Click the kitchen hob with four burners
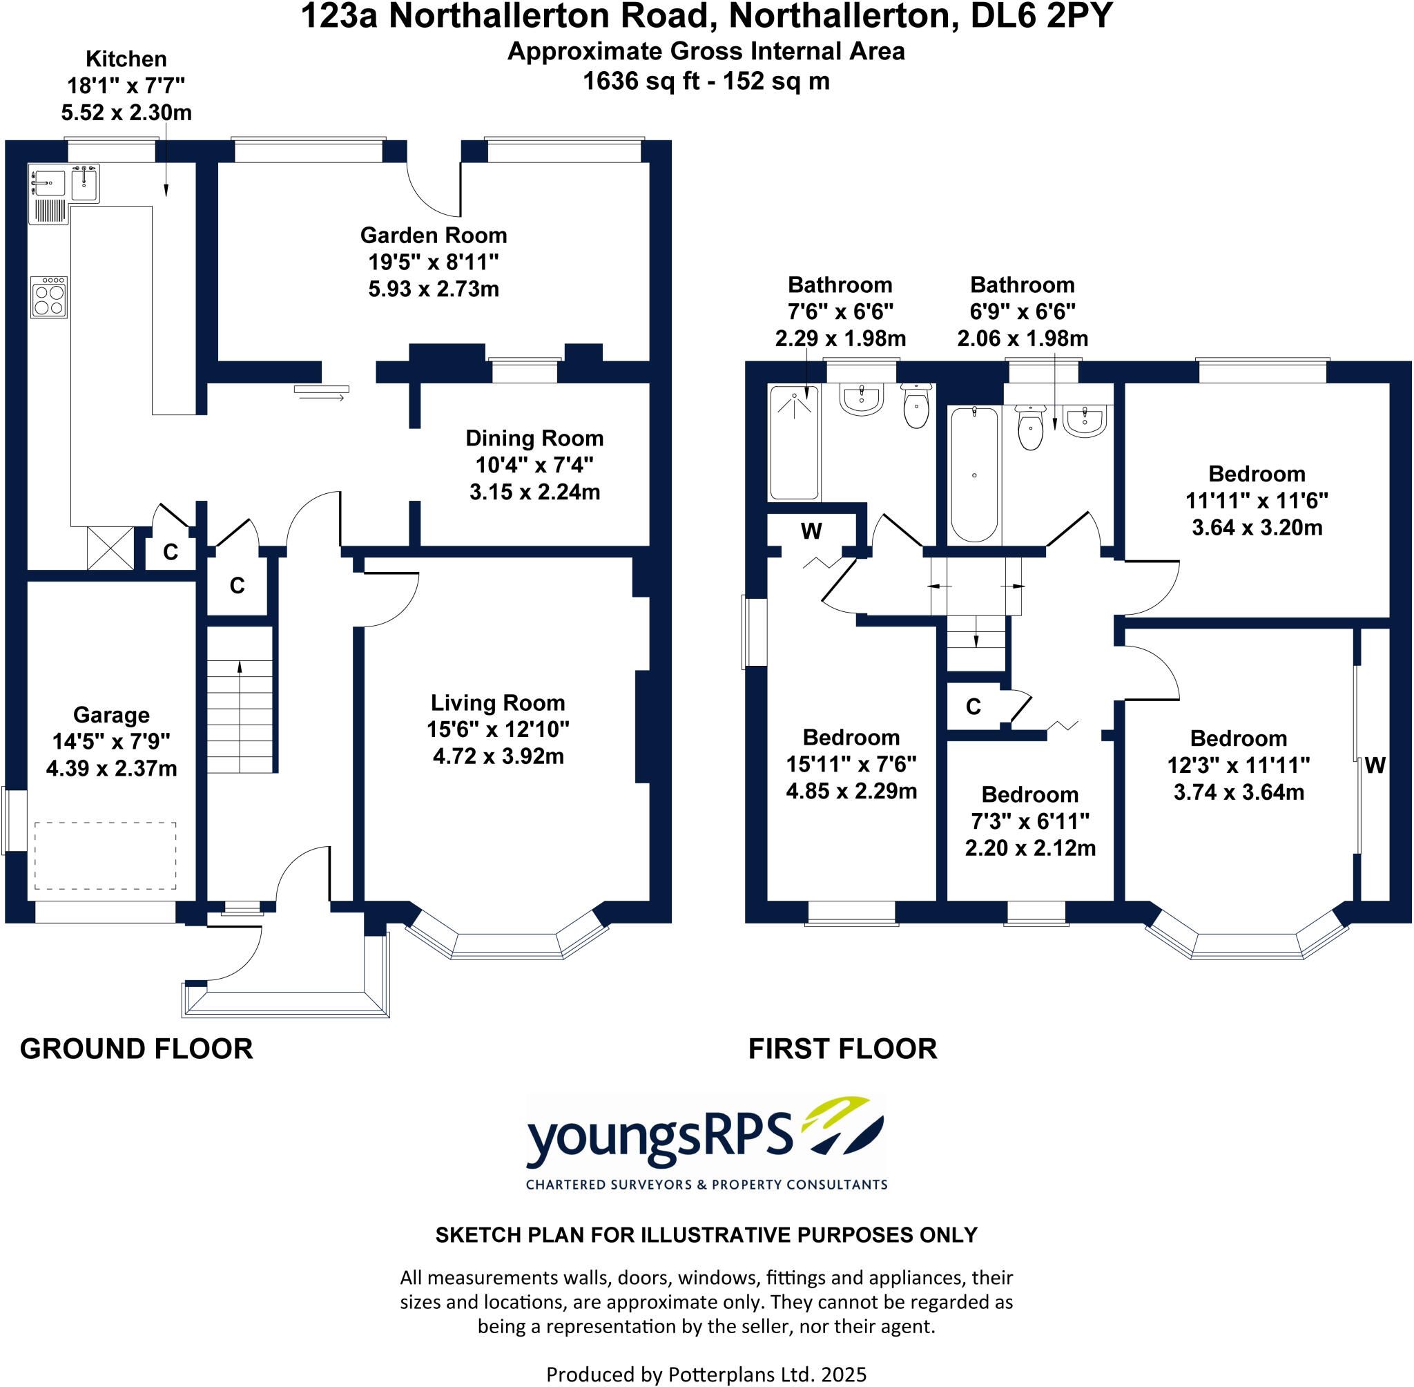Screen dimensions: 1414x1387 pos(49,296)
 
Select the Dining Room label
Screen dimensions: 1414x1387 pos(534,438)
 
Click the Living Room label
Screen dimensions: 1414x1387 pos(498,702)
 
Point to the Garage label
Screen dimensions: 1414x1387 pos(111,715)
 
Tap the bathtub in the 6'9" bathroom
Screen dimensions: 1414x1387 pos(974,475)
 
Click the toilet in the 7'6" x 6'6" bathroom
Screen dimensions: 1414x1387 pos(916,405)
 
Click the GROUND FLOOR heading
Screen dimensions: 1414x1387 pos(136,1049)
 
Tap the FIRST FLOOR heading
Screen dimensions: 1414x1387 pos(842,1049)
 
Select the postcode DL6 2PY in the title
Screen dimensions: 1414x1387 pos(1041,16)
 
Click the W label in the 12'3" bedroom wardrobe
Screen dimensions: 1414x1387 pos(1375,765)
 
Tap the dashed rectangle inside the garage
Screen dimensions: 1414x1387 pos(106,855)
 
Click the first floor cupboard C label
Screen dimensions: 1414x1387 pos(974,706)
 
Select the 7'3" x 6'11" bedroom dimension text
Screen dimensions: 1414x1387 pos(1030,821)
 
